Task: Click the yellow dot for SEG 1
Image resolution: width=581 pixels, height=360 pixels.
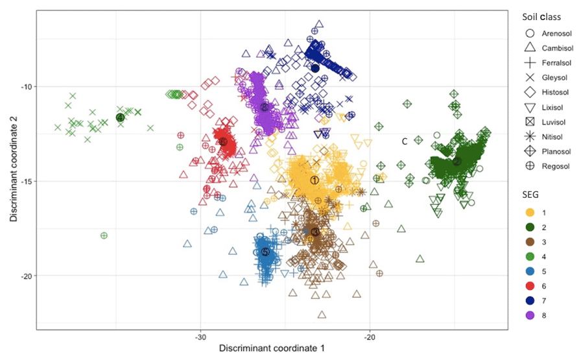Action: coord(530,213)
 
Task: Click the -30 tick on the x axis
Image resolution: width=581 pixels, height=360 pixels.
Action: coord(200,337)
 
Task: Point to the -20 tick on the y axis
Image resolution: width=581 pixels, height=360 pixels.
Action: coord(24,276)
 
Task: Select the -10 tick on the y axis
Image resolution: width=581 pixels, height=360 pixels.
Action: coord(24,86)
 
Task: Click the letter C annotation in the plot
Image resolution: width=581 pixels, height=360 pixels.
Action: coord(404,141)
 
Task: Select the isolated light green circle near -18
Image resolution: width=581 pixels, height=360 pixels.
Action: coord(104,235)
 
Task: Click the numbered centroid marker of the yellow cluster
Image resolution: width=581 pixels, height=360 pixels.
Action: coord(314,180)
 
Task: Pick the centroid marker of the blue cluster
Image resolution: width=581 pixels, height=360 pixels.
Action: coord(265,252)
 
